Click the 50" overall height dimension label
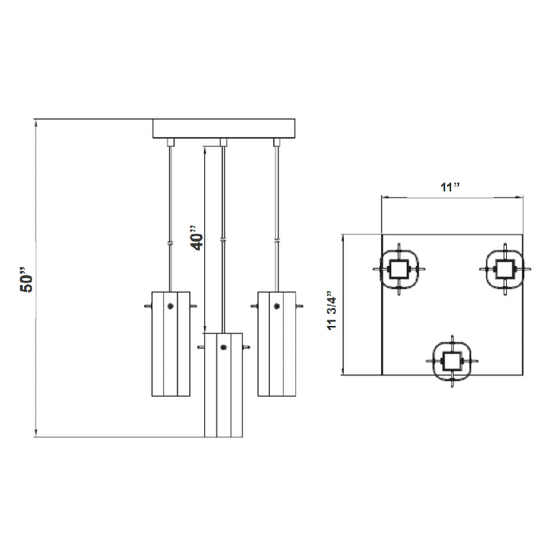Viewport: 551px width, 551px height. (x=26, y=279)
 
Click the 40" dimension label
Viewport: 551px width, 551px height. (x=197, y=238)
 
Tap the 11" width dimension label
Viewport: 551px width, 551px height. (x=449, y=187)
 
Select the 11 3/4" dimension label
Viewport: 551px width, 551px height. (x=331, y=310)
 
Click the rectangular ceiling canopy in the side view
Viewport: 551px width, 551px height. (x=224, y=128)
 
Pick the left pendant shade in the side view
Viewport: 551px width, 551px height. (x=171, y=344)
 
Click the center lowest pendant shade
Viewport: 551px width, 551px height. (x=224, y=385)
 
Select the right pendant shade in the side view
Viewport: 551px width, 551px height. (x=277, y=344)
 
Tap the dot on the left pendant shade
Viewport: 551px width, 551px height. (x=171, y=306)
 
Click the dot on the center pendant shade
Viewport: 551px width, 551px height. (x=224, y=348)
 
